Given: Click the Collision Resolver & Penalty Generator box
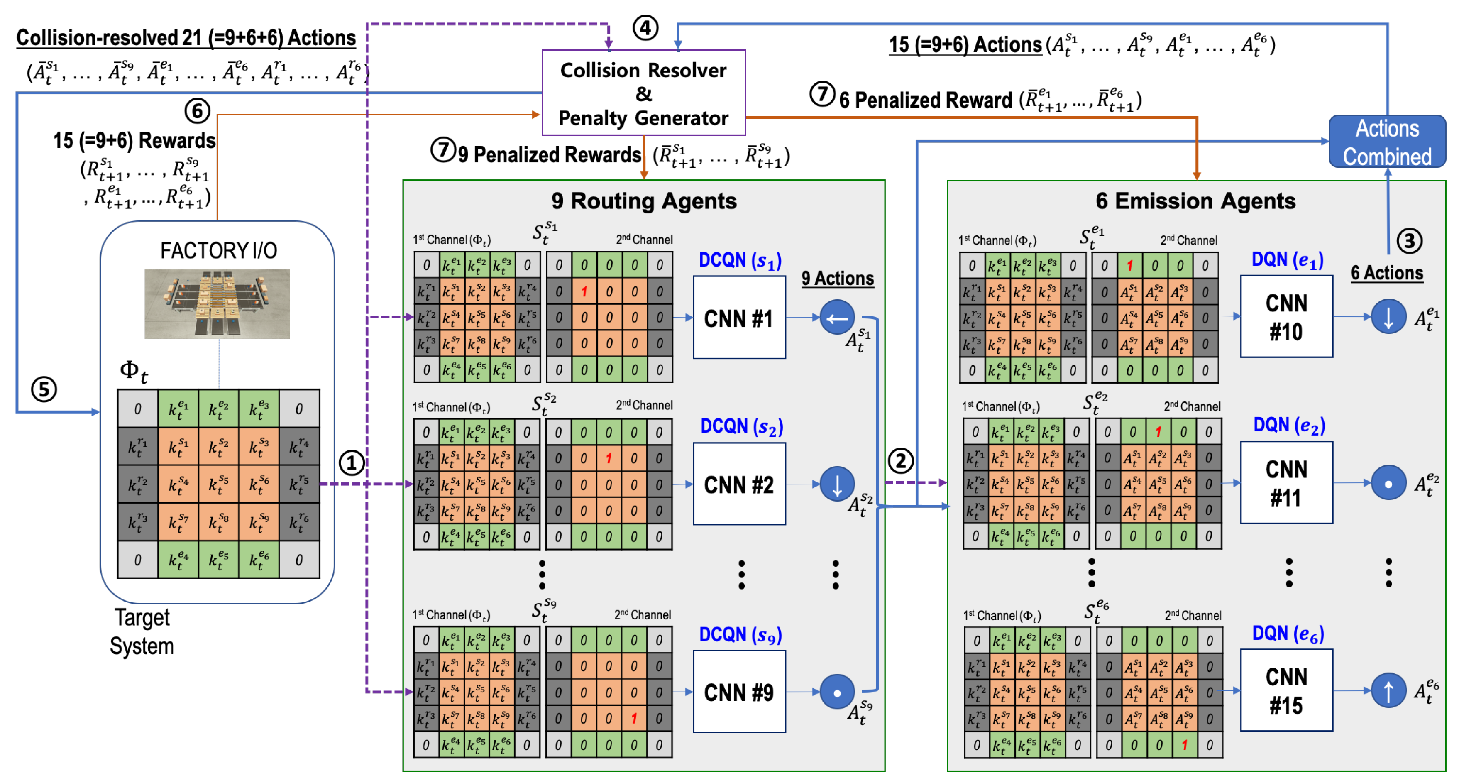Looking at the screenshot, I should pos(643,93).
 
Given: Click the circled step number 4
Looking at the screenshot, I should pos(645,27).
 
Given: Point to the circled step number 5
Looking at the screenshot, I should pos(44,390).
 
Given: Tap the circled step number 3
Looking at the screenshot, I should pos(1409,241).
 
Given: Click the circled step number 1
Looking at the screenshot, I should pos(351,463).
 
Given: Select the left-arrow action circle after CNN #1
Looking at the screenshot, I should pos(836,318).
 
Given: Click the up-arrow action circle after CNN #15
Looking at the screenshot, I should pos(1388,691).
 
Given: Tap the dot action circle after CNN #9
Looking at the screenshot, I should pos(836,692).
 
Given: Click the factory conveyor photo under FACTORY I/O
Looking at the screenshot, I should pos(217,303).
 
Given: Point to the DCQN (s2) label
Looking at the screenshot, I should pos(741,426).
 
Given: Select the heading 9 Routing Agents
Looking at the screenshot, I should pos(643,201).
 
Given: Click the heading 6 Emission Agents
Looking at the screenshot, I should pos(1195,201).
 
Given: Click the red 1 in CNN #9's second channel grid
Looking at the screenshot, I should pos(634,718).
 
